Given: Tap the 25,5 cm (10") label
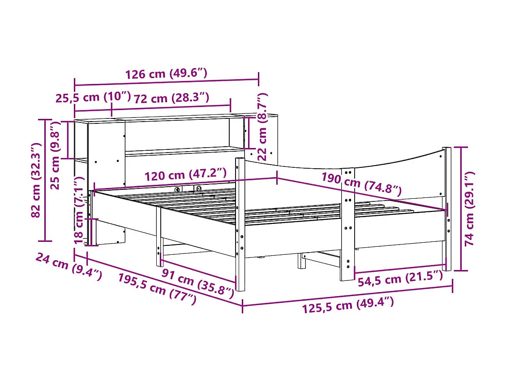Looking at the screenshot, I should tap(93, 97).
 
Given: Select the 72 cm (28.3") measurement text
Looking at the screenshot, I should tap(172, 98).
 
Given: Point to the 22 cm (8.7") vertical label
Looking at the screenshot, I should tap(262, 127).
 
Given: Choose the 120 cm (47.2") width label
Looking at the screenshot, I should tap(185, 174).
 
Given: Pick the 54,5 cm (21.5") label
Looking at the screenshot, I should tap(400, 280).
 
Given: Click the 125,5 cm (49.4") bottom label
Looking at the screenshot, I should tap(348, 306).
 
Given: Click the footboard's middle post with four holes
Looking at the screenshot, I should tap(347, 224).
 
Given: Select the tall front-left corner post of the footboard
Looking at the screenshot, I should tap(240, 224).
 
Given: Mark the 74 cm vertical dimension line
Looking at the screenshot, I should tap(461, 209).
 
